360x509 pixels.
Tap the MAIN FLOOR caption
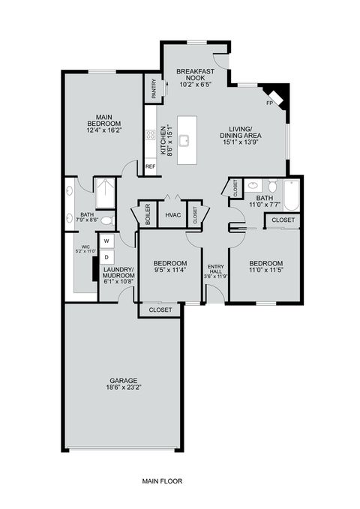162,481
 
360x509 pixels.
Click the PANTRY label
154,89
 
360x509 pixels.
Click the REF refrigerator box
151,166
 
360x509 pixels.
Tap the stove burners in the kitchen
151,136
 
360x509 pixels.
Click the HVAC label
173,215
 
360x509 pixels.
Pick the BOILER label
148,216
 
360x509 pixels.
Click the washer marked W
106,241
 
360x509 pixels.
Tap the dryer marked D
106,256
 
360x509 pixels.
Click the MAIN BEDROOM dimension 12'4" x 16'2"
104,130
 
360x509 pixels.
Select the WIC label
85,248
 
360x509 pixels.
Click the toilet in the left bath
106,220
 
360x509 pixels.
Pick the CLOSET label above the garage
160,310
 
